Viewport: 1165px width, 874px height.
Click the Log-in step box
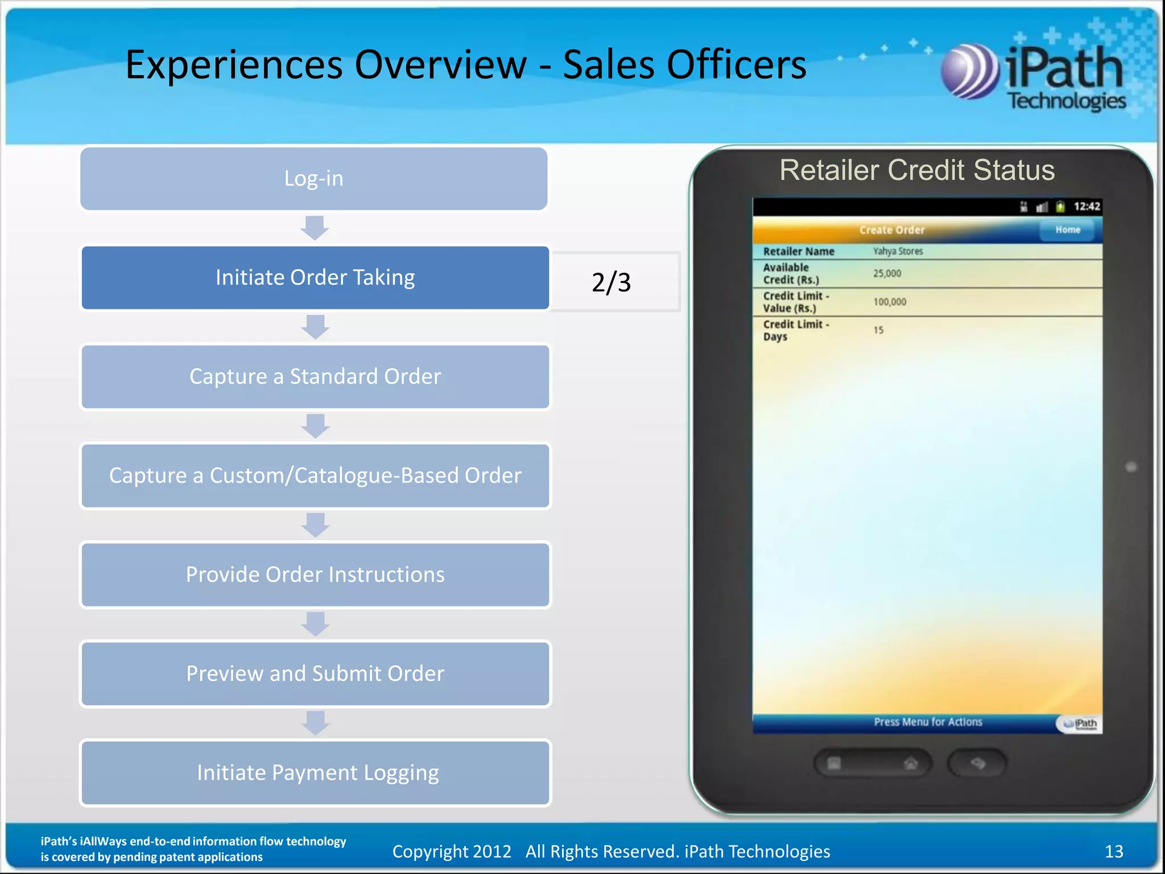[x=313, y=179]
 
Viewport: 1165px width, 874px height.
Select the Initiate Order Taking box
[x=315, y=278]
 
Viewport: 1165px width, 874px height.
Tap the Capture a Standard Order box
[x=315, y=377]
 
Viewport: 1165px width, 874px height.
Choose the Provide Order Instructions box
[x=315, y=575]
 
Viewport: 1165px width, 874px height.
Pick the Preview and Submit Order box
[x=315, y=674]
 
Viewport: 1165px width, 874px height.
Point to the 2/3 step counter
[x=612, y=282]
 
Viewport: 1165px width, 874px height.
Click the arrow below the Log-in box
[x=314, y=228]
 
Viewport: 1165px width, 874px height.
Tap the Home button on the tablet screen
[x=1067, y=230]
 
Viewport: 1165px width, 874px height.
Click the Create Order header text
[x=891, y=230]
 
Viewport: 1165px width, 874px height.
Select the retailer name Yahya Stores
[x=898, y=251]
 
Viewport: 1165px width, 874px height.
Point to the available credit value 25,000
[x=887, y=274]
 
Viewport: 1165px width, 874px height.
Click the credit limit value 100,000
[x=890, y=302]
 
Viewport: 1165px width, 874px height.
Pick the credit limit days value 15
[x=878, y=330]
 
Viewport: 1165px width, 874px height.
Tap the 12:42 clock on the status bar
[x=1086, y=207]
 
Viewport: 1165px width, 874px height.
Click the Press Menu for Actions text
[x=928, y=722]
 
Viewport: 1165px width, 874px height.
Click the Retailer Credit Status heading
[x=916, y=170]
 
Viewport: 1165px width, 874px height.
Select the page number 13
[x=1113, y=851]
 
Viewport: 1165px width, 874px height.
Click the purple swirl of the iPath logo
[x=969, y=72]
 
